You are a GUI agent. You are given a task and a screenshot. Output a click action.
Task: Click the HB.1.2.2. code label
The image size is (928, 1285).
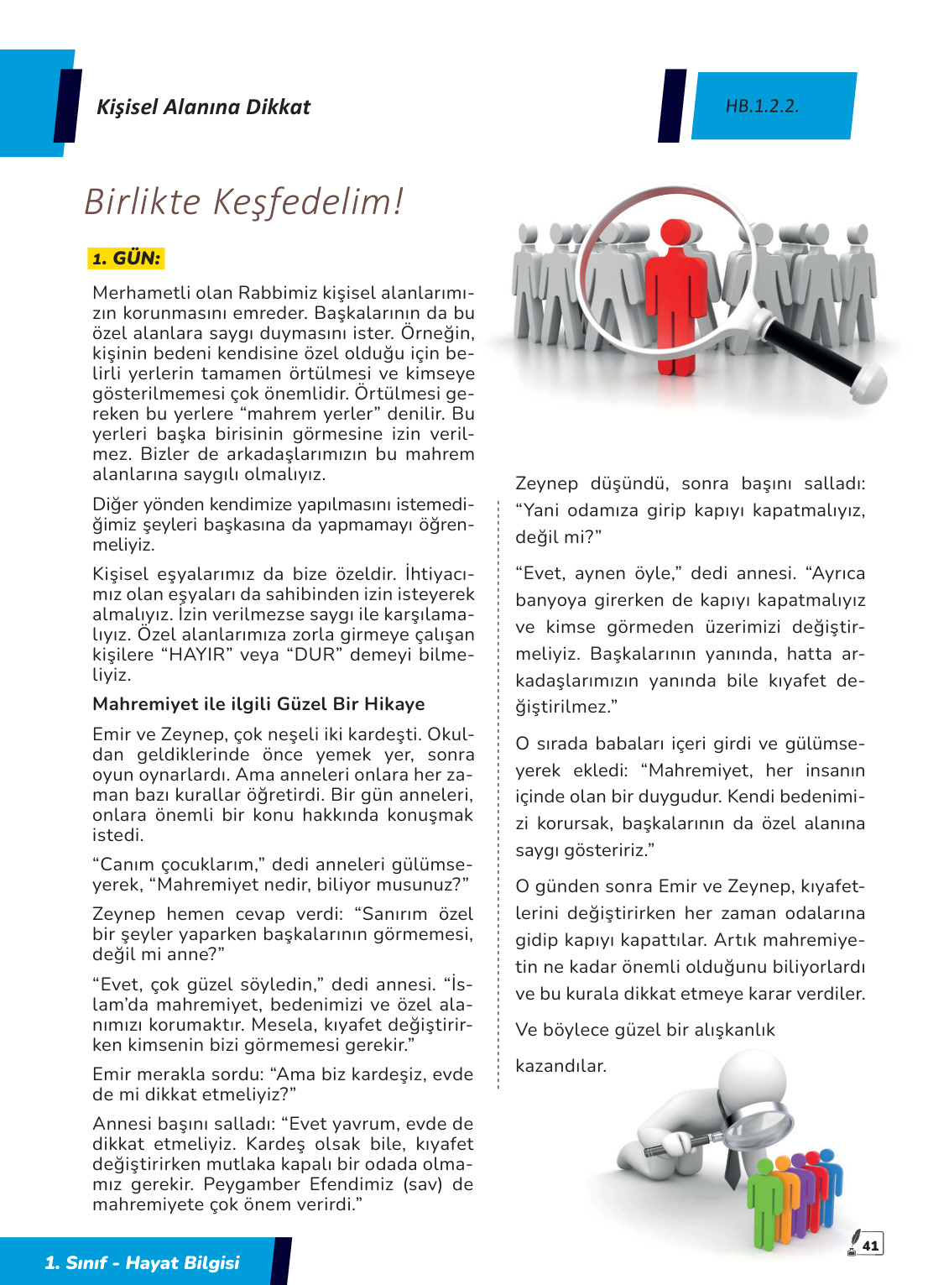pos(762,106)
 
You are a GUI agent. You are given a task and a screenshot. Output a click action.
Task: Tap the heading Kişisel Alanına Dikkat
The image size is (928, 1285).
pos(203,107)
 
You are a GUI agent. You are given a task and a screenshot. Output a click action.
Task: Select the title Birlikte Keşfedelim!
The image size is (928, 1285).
pos(243,202)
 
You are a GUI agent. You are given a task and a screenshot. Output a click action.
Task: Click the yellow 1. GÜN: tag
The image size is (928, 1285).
pos(126,259)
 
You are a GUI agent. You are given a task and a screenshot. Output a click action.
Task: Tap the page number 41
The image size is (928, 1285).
pos(871,1246)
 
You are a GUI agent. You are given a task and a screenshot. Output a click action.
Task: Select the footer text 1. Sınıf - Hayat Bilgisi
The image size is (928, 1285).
pos(142,1262)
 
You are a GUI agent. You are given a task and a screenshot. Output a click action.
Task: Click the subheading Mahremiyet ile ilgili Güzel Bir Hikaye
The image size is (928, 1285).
pos(258,704)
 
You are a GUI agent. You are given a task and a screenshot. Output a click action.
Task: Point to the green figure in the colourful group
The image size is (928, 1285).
pos(764,1196)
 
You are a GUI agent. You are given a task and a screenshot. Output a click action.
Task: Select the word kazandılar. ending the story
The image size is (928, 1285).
pos(560,1066)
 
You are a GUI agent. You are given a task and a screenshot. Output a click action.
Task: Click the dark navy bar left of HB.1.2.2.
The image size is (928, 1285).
pos(673,106)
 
